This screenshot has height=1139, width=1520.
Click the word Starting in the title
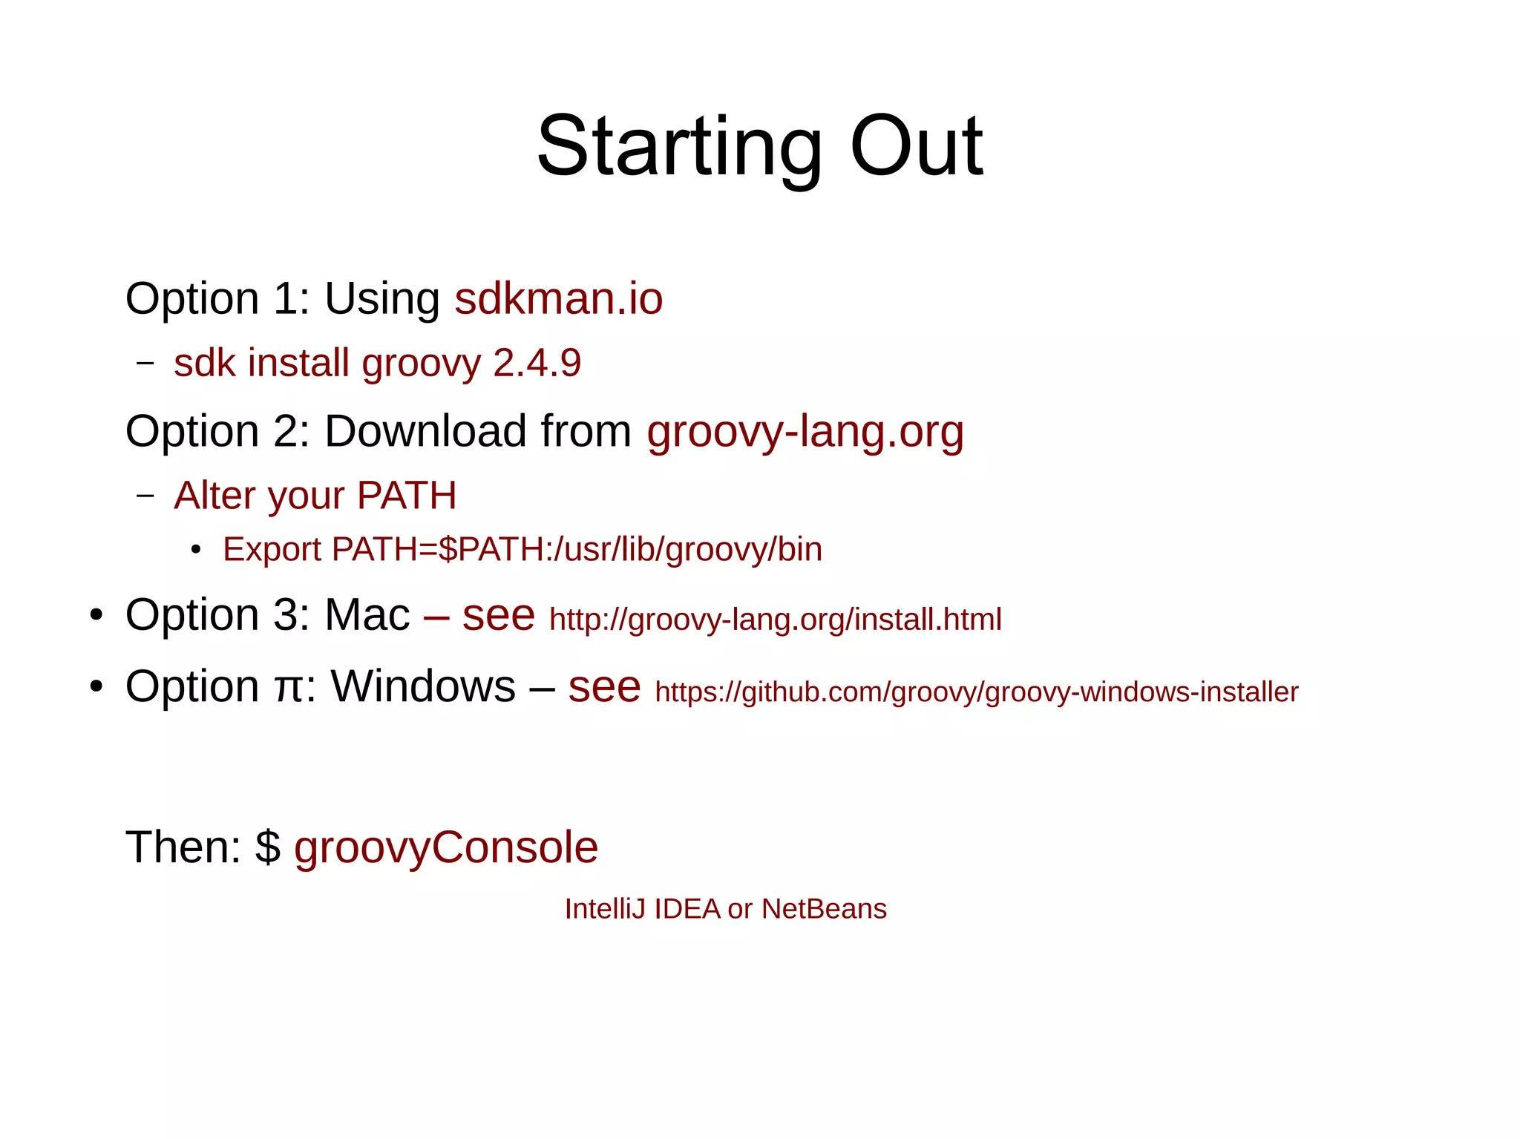pos(678,147)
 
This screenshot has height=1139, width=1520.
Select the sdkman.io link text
pos(558,299)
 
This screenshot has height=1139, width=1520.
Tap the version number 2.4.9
pos(537,364)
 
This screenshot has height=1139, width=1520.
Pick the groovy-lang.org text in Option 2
pos(805,432)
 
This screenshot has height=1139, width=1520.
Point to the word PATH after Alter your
pos(407,496)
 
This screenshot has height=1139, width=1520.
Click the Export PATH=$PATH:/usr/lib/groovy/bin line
pos(522,550)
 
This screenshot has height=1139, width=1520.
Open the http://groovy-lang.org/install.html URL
pos(776,620)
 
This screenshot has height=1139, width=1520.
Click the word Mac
pos(367,615)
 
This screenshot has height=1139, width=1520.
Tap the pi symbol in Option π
pos(288,688)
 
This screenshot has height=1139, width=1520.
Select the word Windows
pos(423,686)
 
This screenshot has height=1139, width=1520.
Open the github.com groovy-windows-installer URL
pos(977,692)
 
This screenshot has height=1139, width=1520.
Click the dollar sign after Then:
pos(268,847)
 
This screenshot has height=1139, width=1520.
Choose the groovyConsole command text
pos(446,848)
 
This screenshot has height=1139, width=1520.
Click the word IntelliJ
pos(606,909)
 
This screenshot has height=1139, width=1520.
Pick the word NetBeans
pos(824,909)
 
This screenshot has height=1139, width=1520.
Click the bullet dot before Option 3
pos(96,616)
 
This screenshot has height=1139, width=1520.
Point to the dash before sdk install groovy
pos(145,364)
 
